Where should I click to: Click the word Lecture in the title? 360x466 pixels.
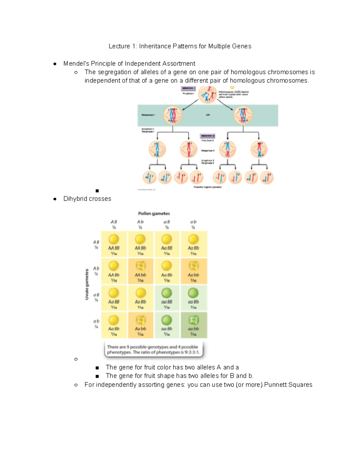click(119, 46)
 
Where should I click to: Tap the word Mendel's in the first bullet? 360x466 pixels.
click(76, 64)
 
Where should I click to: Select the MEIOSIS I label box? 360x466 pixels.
click(188, 88)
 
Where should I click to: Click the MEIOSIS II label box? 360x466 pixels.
click(208, 136)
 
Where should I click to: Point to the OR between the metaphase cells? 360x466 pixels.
click(208, 115)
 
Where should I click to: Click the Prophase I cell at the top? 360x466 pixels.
click(208, 95)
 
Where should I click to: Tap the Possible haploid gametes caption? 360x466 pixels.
click(208, 187)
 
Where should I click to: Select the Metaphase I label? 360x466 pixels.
click(148, 115)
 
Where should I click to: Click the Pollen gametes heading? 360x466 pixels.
click(154, 214)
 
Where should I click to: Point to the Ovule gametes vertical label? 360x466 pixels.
click(87, 284)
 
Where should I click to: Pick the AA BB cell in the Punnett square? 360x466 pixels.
click(114, 244)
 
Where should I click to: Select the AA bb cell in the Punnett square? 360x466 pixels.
click(140, 271)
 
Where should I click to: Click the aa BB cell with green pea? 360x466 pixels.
click(167, 298)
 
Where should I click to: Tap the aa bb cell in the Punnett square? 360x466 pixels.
click(193, 325)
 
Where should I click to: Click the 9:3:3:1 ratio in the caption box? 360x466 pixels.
click(192, 352)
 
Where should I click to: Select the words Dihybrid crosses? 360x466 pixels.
click(87, 199)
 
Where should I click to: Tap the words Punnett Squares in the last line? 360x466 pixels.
click(288, 385)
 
